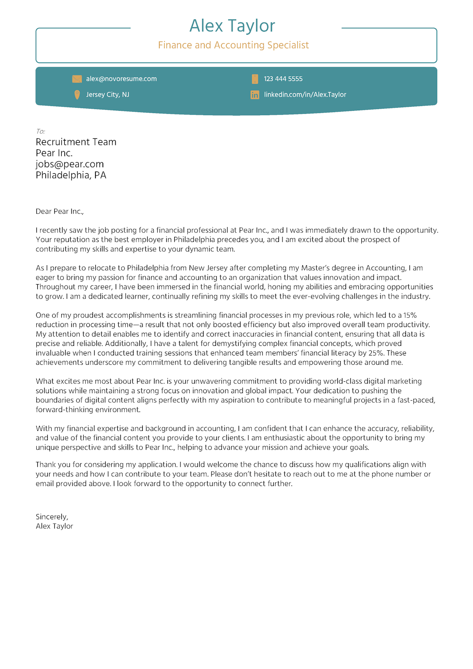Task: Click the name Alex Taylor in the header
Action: coord(232,26)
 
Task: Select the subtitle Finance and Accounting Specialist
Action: coord(233,45)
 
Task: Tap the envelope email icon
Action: coord(77,79)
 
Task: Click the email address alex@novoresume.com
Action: coord(121,79)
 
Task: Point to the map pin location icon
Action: coord(77,95)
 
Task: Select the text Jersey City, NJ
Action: coord(107,95)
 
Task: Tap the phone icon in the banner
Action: coord(255,79)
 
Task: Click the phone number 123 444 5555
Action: coord(283,79)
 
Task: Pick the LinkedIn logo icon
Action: coord(255,95)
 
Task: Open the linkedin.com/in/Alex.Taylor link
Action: coord(305,95)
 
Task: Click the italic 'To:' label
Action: coord(40,131)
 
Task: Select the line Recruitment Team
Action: coord(76,142)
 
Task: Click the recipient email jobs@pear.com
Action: coord(70,164)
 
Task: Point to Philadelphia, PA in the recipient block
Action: coord(71,175)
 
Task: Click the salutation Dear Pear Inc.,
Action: coord(60,211)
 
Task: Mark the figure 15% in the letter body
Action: coord(410,315)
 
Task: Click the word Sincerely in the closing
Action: coord(52,517)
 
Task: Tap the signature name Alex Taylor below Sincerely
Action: coord(54,526)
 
